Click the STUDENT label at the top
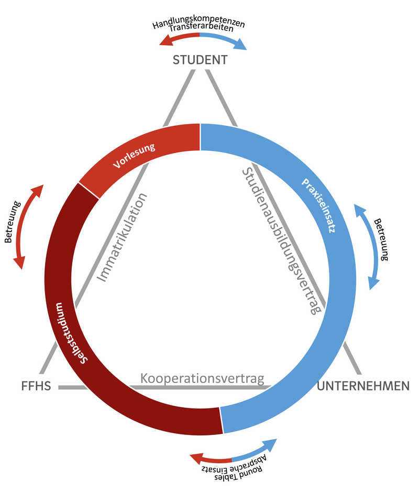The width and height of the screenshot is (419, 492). point(200,60)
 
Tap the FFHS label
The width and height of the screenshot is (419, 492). point(36,386)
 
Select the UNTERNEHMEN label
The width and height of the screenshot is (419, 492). point(363,386)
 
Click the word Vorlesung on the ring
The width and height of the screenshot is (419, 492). point(134,156)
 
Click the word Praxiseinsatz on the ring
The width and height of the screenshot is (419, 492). point(318,205)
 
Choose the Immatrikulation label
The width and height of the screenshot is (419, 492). point(122,237)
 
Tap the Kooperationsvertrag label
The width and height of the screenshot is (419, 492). point(202,378)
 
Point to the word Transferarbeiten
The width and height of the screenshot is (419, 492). point(201,28)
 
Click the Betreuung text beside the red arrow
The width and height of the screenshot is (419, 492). point(13,222)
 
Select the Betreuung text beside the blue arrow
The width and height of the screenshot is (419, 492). point(381,239)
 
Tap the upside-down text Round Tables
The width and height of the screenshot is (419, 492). point(238,474)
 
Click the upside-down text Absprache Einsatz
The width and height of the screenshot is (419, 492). point(234,464)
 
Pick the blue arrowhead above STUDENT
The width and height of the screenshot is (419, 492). point(241,44)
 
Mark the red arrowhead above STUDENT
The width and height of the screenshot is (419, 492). point(167,40)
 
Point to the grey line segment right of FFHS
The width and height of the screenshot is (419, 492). point(72,388)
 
